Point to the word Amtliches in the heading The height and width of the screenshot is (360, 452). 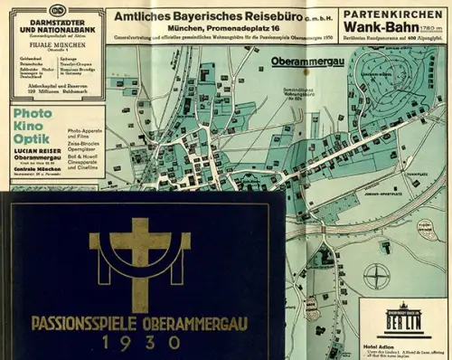click(x=138, y=15)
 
